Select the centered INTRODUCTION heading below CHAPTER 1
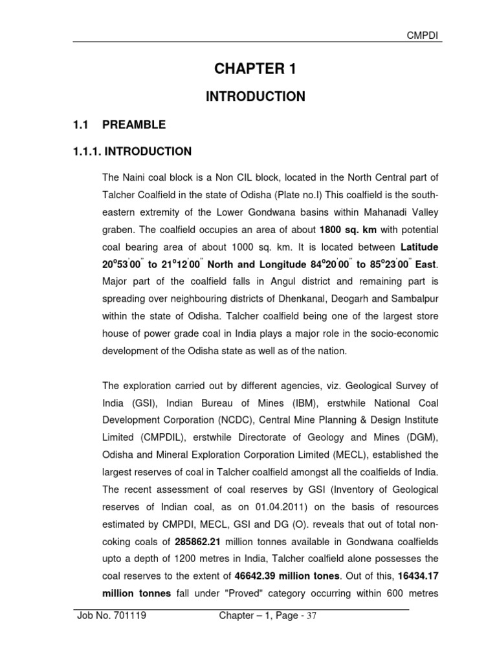(255, 96)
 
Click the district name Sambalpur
(409, 299)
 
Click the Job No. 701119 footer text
(111, 616)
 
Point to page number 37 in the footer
(311, 616)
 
